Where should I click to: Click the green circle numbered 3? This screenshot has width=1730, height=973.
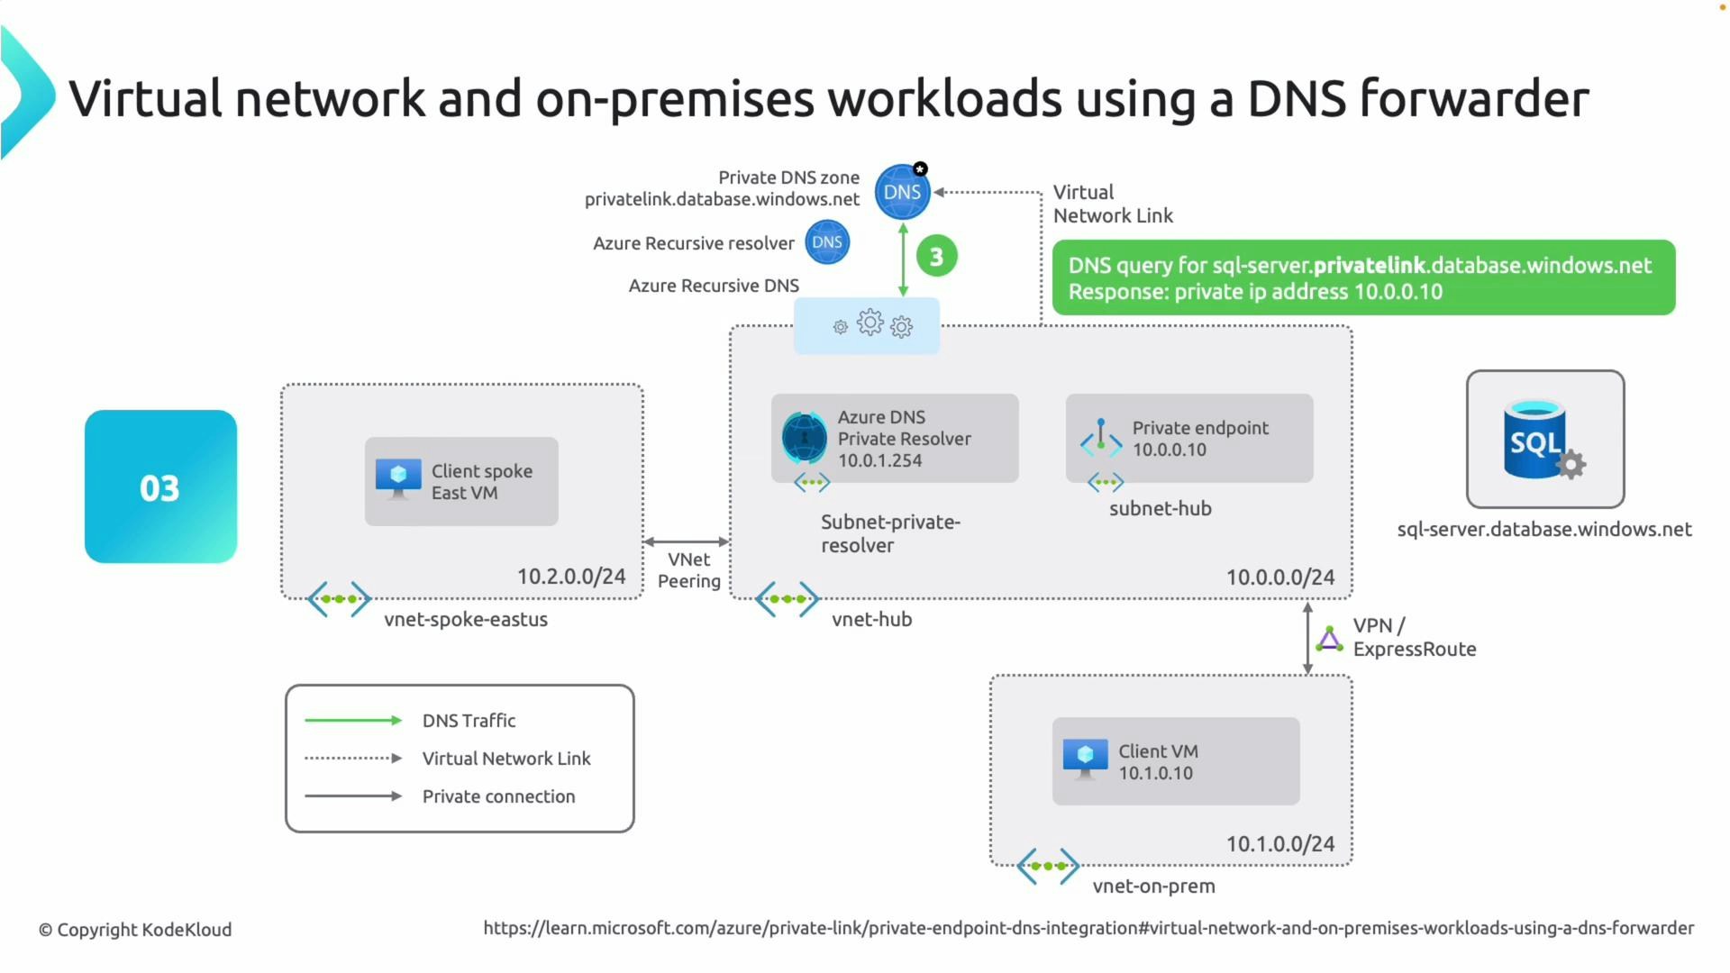[936, 257]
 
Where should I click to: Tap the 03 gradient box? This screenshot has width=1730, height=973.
[160, 486]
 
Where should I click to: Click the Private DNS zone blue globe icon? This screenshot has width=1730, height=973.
[902, 192]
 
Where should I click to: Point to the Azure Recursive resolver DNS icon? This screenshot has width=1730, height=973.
[826, 242]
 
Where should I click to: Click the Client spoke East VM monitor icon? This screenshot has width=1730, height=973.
[398, 478]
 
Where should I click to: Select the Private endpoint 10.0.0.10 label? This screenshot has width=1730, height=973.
[1199, 439]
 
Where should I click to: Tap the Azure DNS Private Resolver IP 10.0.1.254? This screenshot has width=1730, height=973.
[879, 460]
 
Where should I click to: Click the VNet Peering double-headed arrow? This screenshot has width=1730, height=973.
[687, 541]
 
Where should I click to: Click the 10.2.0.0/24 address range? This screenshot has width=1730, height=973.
[570, 577]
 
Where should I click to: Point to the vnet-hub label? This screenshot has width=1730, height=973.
[871, 620]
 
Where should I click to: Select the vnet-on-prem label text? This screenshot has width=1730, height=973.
[1153, 887]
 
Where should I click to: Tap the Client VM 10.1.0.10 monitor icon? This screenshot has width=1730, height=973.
[1085, 759]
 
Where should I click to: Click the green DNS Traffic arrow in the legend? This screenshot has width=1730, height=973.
[352, 720]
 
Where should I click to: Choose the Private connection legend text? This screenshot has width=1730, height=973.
[498, 796]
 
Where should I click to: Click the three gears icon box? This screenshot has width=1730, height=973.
[867, 325]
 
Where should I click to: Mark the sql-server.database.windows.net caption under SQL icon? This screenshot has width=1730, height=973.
[1543, 530]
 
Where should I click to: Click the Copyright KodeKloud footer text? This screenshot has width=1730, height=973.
[135, 930]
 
